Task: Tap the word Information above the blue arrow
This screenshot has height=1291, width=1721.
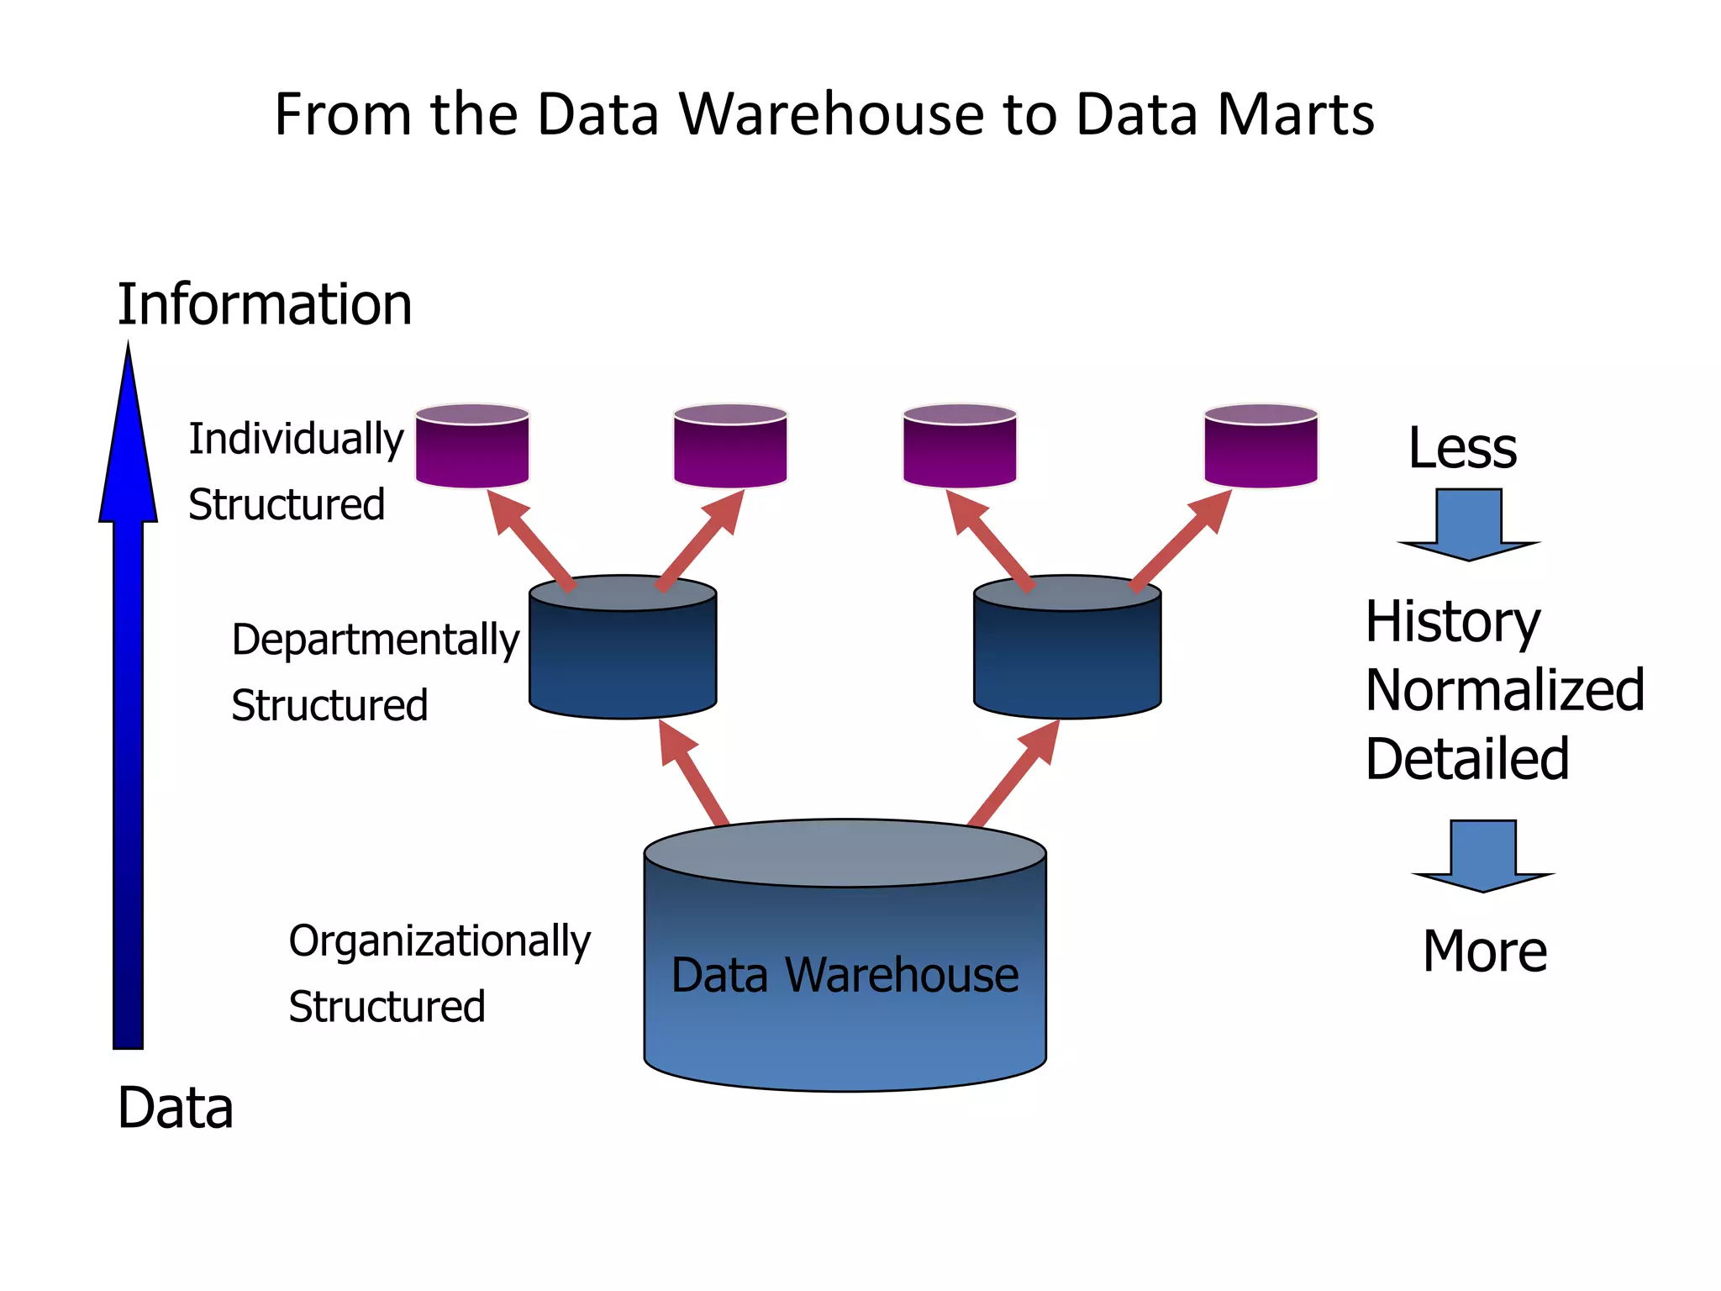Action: click(265, 304)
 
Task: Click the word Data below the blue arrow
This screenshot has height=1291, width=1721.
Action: click(175, 1108)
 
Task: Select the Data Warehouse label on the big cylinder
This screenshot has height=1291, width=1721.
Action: click(845, 975)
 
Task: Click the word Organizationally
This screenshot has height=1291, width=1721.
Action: click(439, 941)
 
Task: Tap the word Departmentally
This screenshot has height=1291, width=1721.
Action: click(376, 640)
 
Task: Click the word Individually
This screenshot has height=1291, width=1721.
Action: click(296, 440)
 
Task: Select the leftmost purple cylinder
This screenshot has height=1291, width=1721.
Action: click(472, 446)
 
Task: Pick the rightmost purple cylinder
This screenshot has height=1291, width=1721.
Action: click(1260, 446)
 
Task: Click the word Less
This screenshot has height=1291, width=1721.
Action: click(1462, 448)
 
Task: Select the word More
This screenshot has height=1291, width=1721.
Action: click(1484, 951)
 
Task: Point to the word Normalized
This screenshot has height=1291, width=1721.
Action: click(1504, 690)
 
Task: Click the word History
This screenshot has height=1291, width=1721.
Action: click(1452, 622)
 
